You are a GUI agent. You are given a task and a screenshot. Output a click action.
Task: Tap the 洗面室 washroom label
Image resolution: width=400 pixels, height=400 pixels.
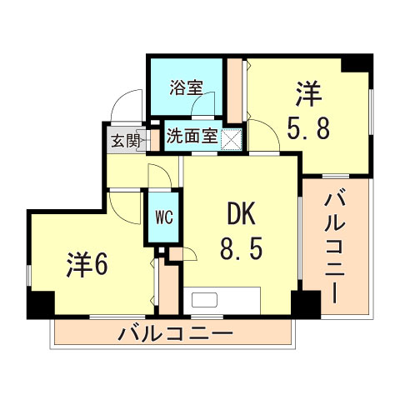[x=192, y=136]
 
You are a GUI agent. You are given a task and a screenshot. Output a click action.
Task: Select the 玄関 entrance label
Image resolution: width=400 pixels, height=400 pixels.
[x=124, y=138]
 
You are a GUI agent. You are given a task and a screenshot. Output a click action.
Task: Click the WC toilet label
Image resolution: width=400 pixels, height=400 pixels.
[x=163, y=218]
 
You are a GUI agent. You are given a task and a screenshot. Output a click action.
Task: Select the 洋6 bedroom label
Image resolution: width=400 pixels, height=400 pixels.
[x=87, y=265]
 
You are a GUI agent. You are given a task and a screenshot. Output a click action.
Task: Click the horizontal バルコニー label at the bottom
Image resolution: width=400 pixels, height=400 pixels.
[x=174, y=334]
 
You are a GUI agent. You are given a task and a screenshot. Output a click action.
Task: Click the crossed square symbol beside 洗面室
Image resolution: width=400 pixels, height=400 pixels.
[x=232, y=137]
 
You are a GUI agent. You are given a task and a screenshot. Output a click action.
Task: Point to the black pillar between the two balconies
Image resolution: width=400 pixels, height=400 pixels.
[x=306, y=305]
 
